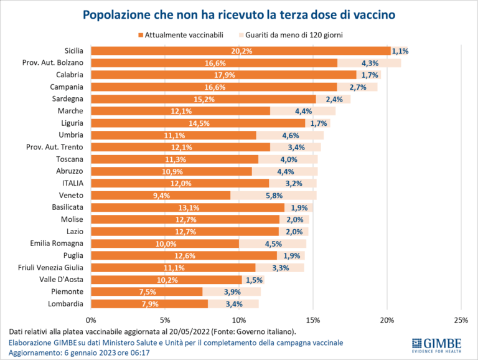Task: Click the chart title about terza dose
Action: click(238, 13)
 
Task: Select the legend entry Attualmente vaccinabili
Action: click(180, 35)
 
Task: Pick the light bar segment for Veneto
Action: click(273, 196)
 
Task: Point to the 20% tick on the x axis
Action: click(387, 320)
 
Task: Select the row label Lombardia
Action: click(66, 303)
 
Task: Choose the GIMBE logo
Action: click(437, 344)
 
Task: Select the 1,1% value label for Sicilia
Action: click(399, 51)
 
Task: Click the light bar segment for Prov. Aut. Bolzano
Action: click(369, 63)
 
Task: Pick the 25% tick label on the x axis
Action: click(461, 320)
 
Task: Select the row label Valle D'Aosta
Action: click(65, 280)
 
